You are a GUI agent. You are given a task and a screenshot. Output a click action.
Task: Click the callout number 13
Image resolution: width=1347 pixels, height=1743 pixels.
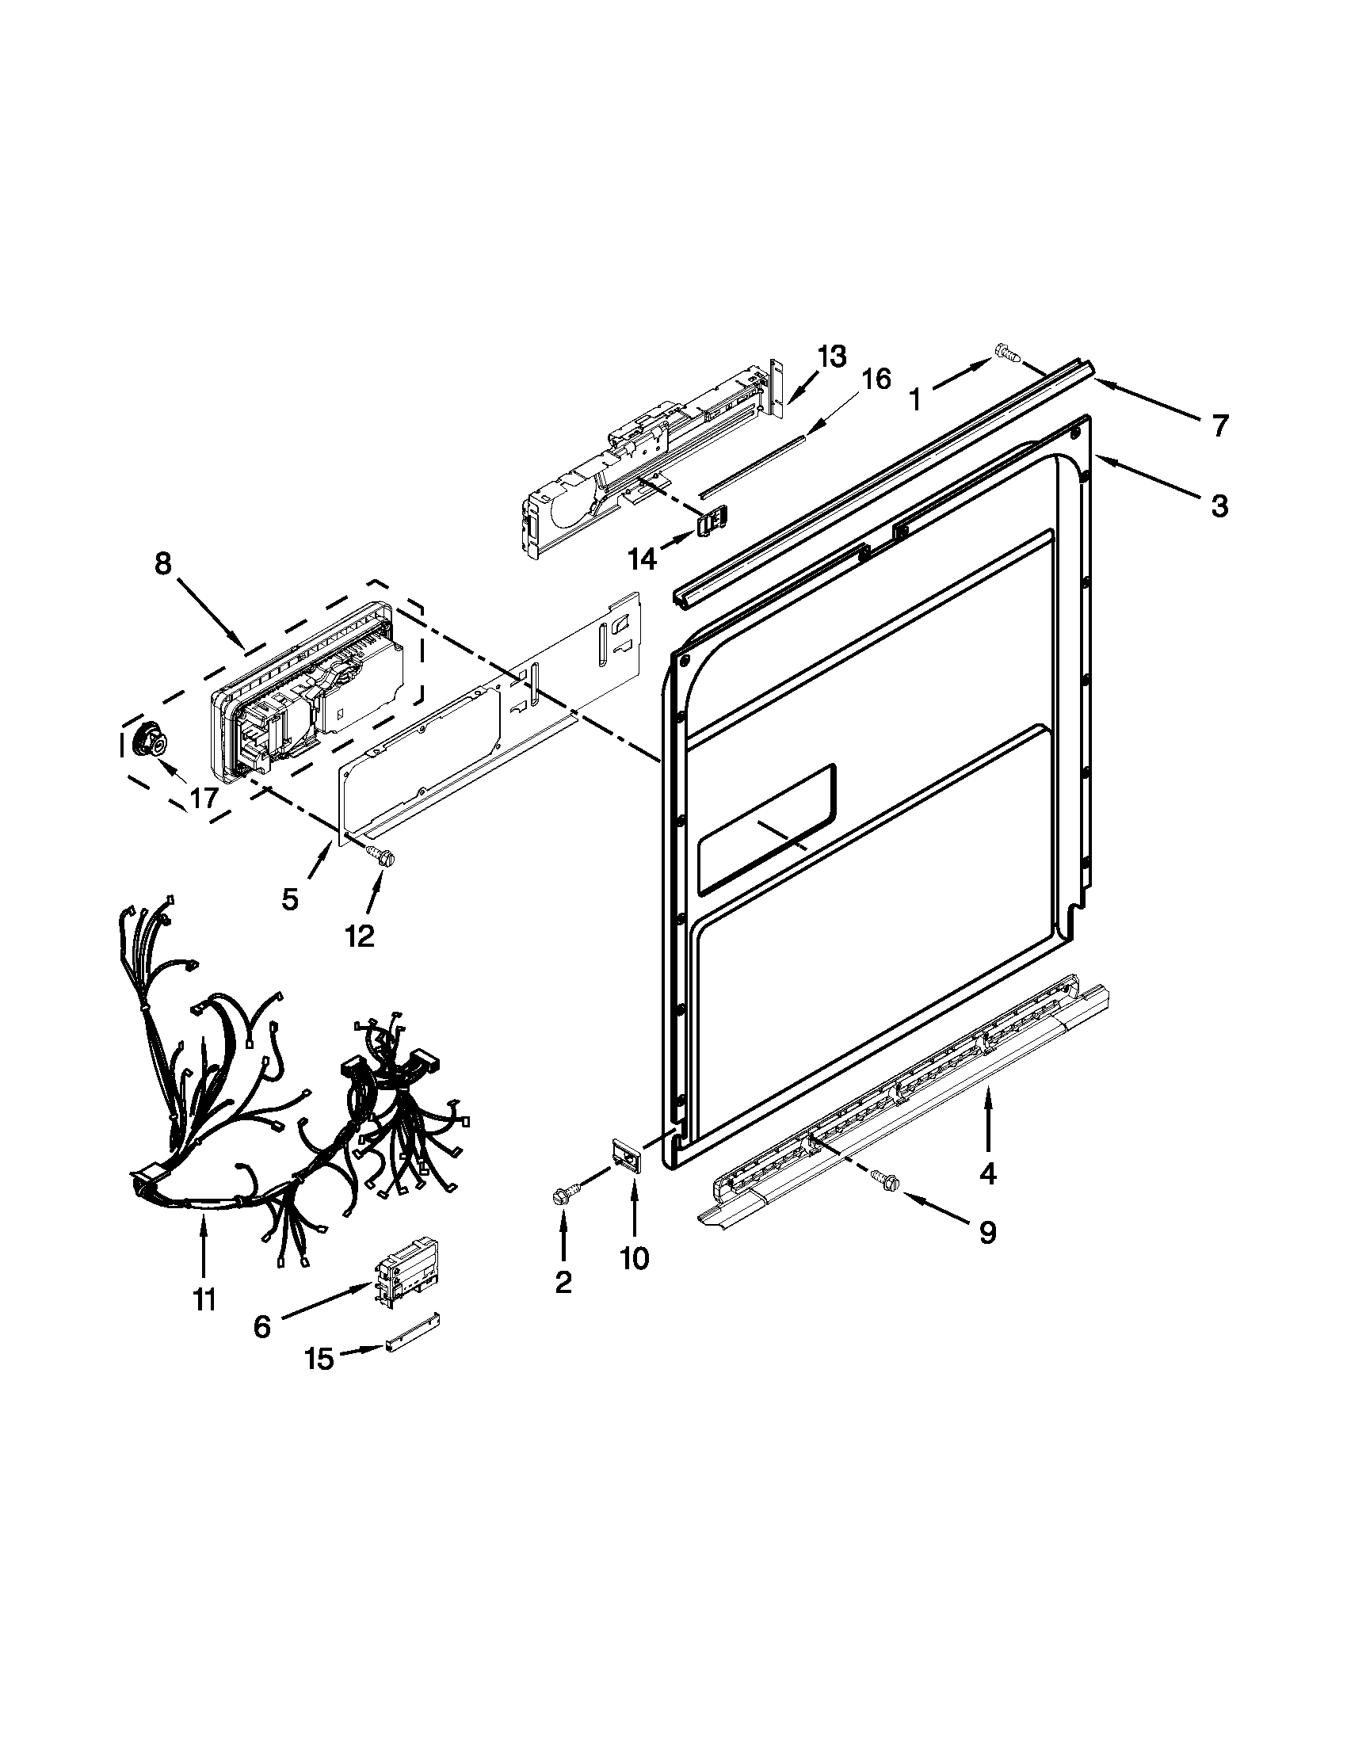(x=830, y=357)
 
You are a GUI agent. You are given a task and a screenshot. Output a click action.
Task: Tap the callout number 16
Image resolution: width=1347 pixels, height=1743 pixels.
(x=876, y=379)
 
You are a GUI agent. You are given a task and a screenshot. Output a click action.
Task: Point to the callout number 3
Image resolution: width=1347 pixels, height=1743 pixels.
(x=1219, y=505)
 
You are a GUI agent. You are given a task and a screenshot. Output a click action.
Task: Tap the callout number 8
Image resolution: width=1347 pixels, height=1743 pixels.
(x=162, y=563)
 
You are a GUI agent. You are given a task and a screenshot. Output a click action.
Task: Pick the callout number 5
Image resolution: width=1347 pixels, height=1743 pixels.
(x=290, y=899)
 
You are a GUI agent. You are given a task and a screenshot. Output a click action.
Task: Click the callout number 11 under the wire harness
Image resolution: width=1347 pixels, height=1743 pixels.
(x=204, y=1301)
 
